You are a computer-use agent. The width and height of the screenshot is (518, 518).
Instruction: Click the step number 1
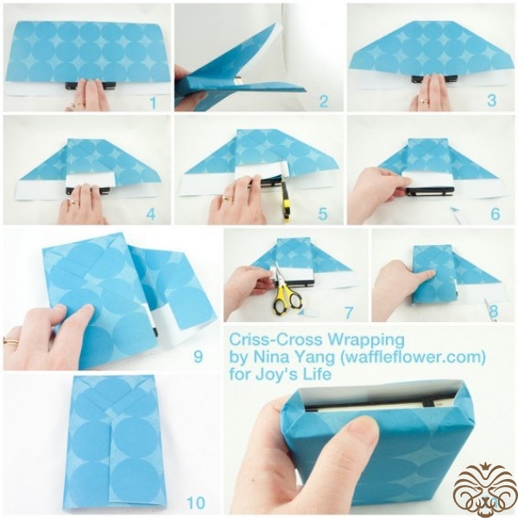[153, 103]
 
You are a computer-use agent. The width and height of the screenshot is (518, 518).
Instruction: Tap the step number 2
[324, 101]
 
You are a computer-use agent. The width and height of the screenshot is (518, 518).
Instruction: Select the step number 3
[492, 101]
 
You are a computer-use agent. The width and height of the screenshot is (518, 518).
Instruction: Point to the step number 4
[150, 214]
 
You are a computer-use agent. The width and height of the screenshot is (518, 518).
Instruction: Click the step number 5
[323, 214]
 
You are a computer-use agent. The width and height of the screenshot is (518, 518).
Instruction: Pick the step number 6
[496, 214]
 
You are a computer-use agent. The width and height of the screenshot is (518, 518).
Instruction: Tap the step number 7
[349, 313]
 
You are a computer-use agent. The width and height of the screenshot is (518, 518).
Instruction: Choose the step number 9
[198, 357]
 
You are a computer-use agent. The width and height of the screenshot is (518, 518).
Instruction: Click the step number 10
[196, 503]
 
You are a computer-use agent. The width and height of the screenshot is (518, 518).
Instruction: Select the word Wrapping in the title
[366, 341]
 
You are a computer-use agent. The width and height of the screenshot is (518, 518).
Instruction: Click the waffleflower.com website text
[409, 357]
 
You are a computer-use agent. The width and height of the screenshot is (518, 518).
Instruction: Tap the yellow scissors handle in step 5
[285, 201]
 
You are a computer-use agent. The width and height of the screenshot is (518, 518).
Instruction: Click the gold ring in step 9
[10, 341]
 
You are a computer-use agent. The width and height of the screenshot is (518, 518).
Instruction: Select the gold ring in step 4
[73, 203]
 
